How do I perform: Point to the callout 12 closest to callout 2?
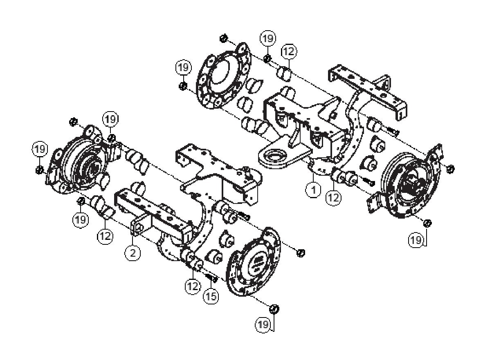point(105,236)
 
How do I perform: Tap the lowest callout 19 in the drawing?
point(264,325)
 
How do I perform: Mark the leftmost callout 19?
point(40,150)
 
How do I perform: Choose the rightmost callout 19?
point(416,240)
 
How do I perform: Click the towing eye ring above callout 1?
point(272,156)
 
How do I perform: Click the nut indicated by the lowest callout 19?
point(275,308)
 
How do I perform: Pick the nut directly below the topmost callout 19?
point(267,60)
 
